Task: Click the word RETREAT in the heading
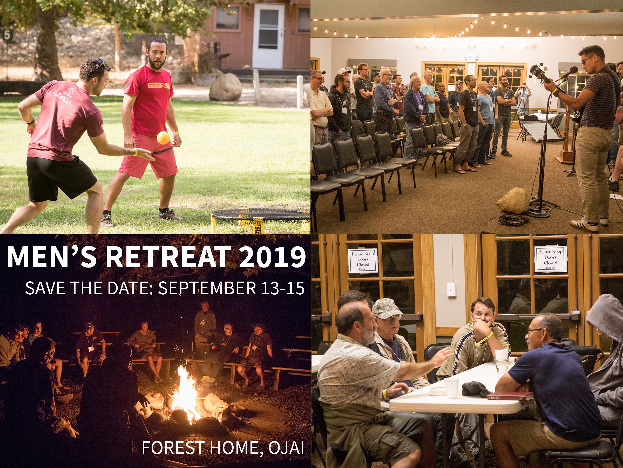click(166, 257)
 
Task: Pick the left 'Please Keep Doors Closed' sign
click(362, 261)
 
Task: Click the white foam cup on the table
click(451, 388)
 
